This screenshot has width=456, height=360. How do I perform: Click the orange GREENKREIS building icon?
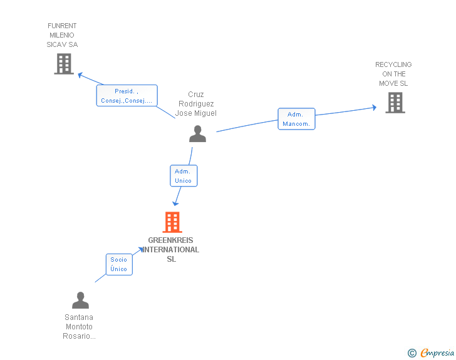(x=172, y=222)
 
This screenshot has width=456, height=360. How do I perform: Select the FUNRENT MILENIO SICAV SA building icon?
(x=64, y=64)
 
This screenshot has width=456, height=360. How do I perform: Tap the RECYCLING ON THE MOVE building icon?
(x=395, y=103)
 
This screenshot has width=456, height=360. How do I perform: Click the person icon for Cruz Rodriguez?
(x=197, y=134)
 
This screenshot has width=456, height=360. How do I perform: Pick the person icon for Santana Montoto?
(x=80, y=300)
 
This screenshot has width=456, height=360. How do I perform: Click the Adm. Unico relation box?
(x=184, y=176)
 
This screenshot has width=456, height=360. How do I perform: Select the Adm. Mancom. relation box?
(x=296, y=119)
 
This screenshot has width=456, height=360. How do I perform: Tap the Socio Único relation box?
(x=119, y=264)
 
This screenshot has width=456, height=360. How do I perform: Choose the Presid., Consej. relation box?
(x=127, y=95)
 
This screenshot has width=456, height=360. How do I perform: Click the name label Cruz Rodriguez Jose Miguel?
(x=195, y=104)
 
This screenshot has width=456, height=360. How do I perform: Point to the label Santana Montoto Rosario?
(x=79, y=327)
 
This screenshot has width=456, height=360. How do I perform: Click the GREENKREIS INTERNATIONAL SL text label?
(x=171, y=250)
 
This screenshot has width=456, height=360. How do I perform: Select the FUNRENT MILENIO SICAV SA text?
(x=62, y=35)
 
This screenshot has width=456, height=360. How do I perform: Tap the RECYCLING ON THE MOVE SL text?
(x=393, y=74)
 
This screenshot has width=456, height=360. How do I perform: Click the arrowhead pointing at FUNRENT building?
(x=80, y=75)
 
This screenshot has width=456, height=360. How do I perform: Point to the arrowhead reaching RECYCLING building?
(x=375, y=108)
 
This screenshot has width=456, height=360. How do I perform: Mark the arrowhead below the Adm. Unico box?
(x=175, y=203)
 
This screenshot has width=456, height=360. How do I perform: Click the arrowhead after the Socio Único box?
(x=140, y=250)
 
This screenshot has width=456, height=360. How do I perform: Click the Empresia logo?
(x=437, y=352)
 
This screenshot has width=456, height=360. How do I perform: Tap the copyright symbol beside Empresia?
(x=412, y=353)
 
